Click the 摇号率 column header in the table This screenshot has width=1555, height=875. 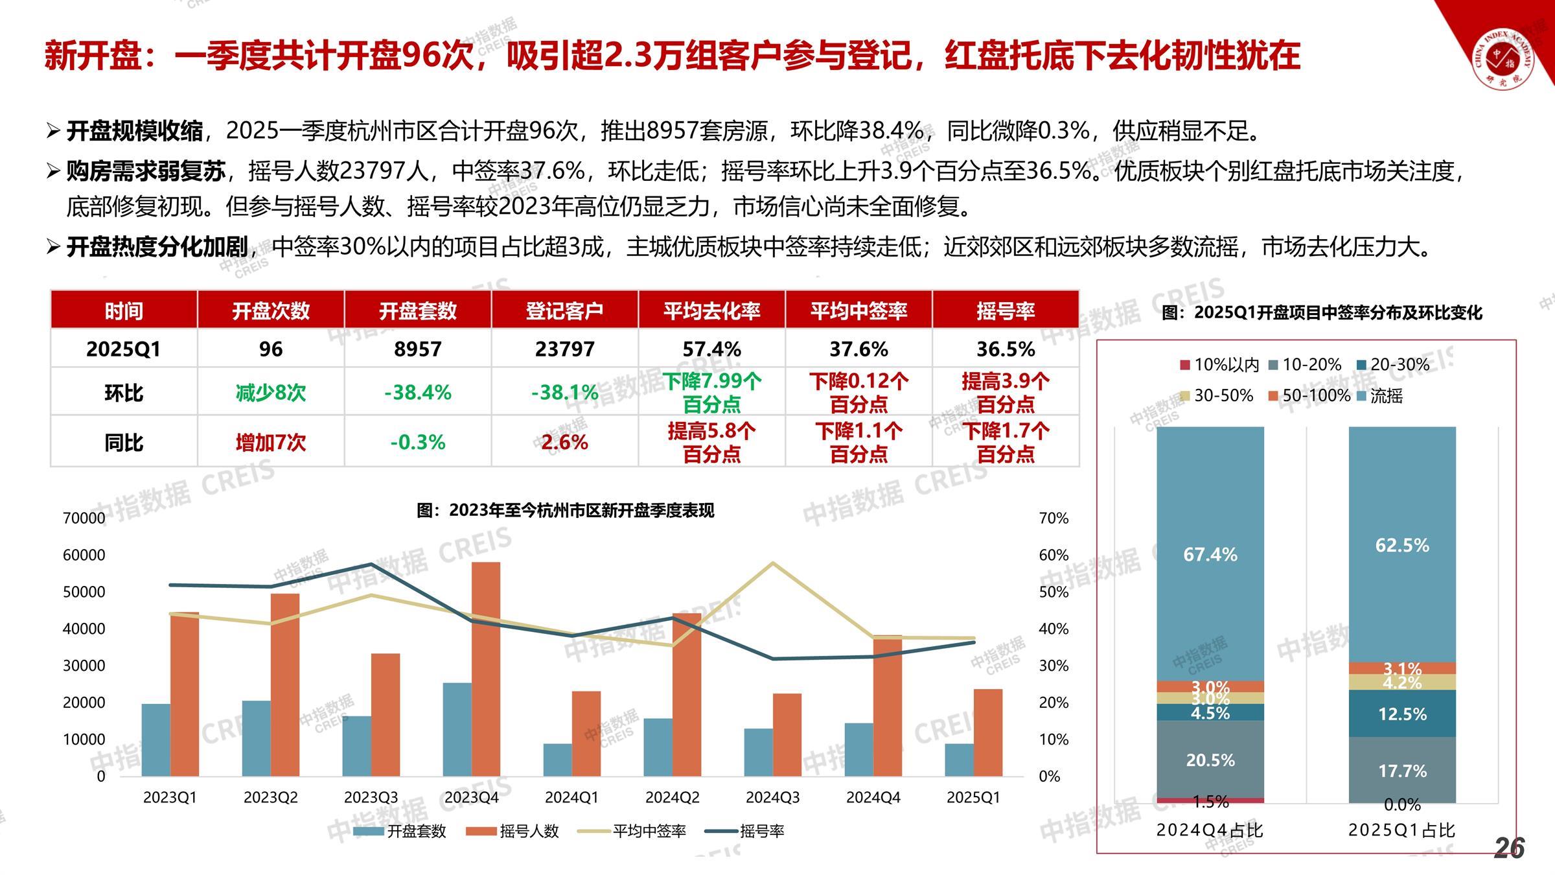click(x=1005, y=311)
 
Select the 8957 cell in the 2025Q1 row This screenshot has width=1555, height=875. click(x=417, y=349)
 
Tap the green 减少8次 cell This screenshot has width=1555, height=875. click(x=270, y=393)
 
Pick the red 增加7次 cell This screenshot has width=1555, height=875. click(x=270, y=443)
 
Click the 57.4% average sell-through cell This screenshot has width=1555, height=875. click(x=711, y=349)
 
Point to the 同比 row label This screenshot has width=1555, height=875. click(x=123, y=443)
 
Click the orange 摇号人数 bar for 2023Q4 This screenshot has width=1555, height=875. click(x=486, y=668)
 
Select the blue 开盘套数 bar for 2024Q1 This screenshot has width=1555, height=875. click(x=557, y=760)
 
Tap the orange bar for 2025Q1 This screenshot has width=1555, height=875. click(x=987, y=732)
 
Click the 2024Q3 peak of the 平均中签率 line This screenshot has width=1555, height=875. click(x=772, y=563)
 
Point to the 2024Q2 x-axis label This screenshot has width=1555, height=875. click(x=672, y=798)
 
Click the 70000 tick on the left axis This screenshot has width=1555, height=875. click(x=84, y=519)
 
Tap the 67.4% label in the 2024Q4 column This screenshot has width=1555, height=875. click(x=1210, y=555)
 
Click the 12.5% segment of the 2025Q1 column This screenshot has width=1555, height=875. click(x=1402, y=714)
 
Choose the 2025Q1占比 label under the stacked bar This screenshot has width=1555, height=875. click(x=1401, y=830)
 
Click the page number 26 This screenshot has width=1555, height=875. click(x=1509, y=848)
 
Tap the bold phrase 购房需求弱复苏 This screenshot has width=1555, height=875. click(x=146, y=171)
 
